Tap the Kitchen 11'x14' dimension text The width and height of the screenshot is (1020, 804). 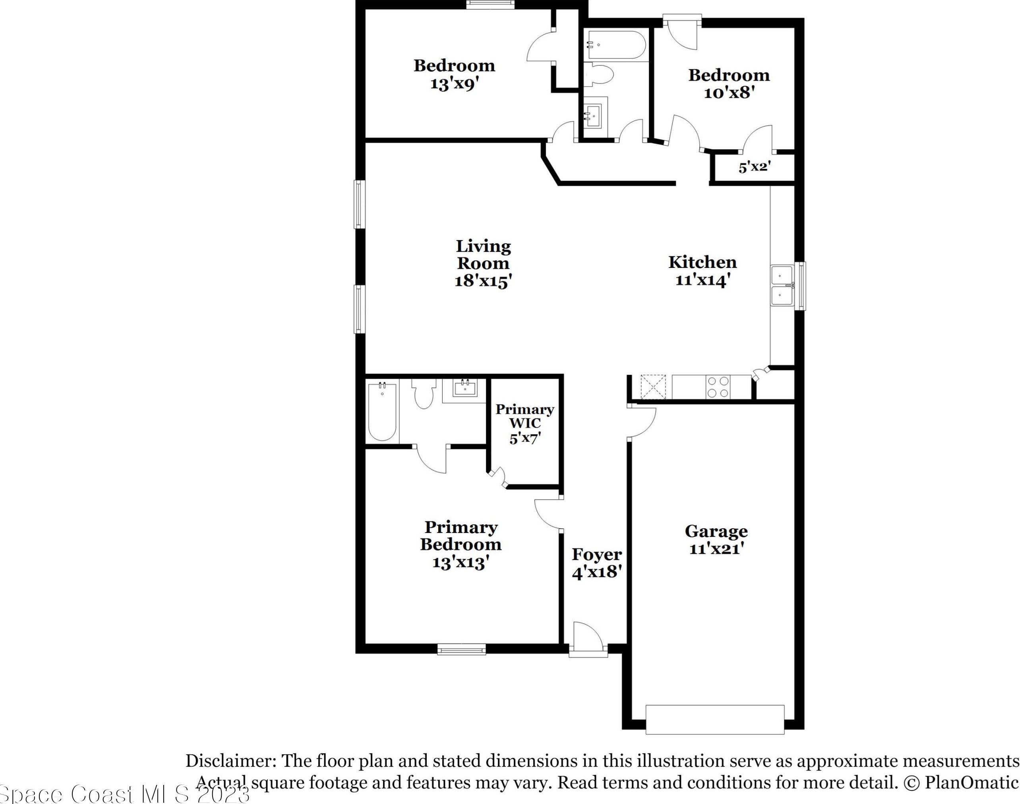click(703, 280)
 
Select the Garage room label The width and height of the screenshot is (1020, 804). click(716, 531)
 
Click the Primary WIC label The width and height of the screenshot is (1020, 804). click(525, 416)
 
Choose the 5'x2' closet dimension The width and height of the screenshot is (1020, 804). click(754, 167)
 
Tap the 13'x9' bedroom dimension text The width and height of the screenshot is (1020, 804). click(454, 84)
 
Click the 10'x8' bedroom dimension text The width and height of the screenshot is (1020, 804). click(729, 93)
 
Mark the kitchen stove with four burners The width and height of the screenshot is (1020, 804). click(718, 387)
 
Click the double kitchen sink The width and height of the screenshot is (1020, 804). click(782, 286)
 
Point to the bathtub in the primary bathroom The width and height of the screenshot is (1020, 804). click(382, 412)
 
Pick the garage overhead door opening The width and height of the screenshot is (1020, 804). click(714, 720)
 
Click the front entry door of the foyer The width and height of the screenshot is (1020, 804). click(588, 641)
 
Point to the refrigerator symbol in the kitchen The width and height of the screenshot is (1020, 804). click(653, 387)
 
